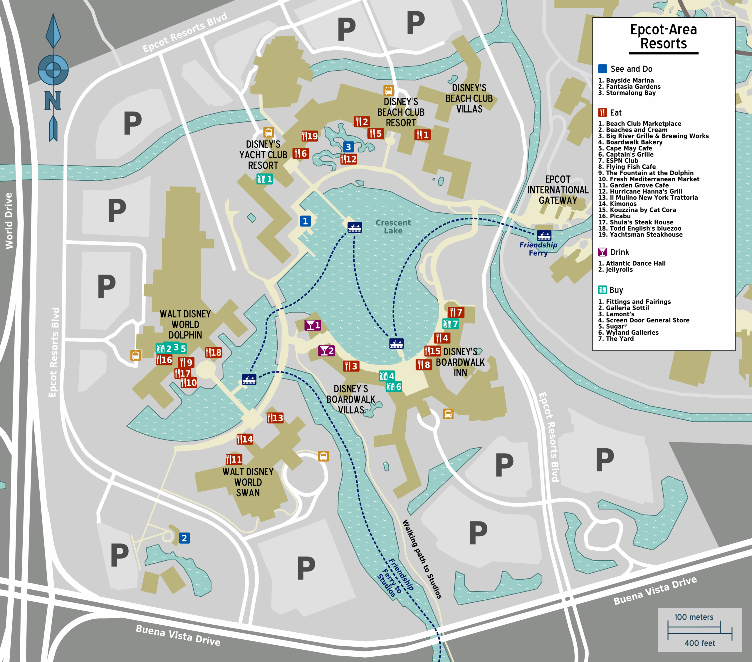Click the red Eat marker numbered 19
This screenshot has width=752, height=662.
(310, 136)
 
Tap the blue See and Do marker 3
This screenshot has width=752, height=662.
(348, 147)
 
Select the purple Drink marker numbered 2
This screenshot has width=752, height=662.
(326, 351)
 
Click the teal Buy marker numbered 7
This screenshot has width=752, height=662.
(450, 324)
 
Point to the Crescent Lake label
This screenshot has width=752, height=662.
(393, 227)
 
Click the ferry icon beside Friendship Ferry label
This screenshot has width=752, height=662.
(544, 235)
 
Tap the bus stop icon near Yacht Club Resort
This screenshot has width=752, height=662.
(268, 132)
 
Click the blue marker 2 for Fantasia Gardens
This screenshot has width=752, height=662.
(184, 538)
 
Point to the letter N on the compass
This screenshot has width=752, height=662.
(53, 101)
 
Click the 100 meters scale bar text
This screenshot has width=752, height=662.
(694, 617)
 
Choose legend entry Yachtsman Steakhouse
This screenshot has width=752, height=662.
(640, 235)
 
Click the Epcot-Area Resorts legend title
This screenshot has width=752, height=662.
(663, 36)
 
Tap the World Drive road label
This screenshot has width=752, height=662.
(9, 221)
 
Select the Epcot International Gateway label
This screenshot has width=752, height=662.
(558, 190)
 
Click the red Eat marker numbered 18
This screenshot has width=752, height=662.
(213, 353)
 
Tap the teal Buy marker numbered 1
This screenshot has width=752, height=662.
(265, 179)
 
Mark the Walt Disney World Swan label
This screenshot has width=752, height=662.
(248, 482)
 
